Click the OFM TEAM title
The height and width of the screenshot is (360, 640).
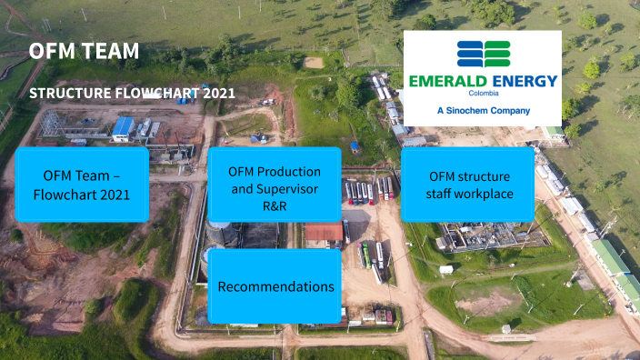tap(84, 51)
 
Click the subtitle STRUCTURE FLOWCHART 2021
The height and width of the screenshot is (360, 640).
tap(133, 93)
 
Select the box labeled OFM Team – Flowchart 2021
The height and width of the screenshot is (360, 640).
tap(82, 185)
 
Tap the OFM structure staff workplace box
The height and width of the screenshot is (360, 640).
tap(468, 185)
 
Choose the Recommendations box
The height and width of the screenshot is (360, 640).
tap(275, 286)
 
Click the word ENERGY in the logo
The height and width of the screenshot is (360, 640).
tap(521, 81)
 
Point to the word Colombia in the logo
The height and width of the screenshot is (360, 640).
tap(482, 94)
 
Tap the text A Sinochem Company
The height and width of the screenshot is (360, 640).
tap(483, 110)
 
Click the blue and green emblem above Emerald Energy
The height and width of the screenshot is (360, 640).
tap(483, 55)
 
